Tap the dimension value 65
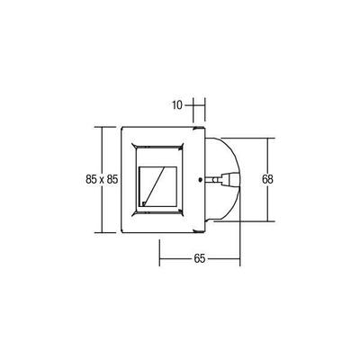point(200,259)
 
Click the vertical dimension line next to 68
point(271,153)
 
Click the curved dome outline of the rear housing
point(236,162)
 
